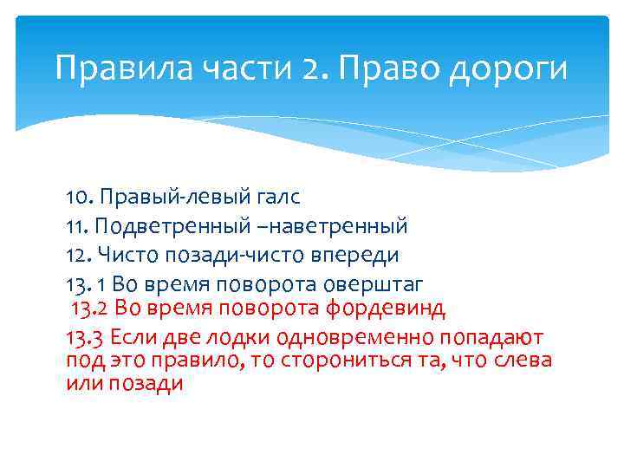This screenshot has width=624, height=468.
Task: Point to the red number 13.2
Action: [x=89, y=308]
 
